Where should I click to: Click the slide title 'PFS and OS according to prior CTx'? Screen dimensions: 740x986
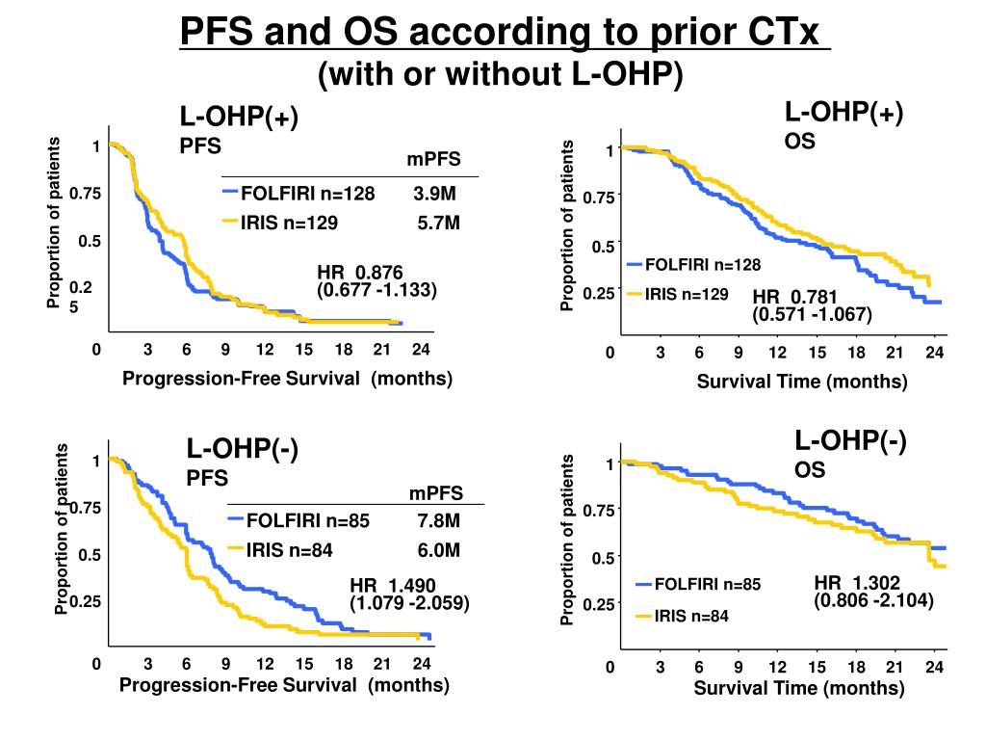pos(505,35)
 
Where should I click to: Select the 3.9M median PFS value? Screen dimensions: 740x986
pos(435,194)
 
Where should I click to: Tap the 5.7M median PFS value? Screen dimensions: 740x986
pos(439,224)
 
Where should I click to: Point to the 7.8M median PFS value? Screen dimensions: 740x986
pos(438,521)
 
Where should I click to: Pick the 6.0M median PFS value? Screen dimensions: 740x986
pos(439,550)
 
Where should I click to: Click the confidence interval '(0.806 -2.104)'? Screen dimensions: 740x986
pos(873,600)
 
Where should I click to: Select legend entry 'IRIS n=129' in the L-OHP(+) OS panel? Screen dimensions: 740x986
pos(686,294)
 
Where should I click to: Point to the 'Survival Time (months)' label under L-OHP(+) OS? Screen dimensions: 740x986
pos(802,382)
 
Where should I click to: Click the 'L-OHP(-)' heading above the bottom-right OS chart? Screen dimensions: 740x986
pos(850,441)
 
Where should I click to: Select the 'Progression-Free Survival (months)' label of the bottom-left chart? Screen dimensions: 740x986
pos(285,685)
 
